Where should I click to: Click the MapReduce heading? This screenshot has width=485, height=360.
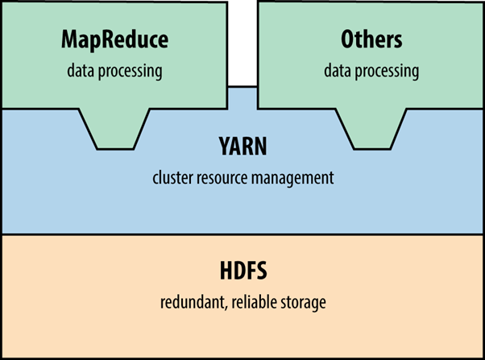pyautogui.click(x=114, y=40)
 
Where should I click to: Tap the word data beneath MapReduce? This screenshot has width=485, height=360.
pyautogui.click(x=81, y=71)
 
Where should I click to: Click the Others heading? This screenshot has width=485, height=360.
pyautogui.click(x=371, y=40)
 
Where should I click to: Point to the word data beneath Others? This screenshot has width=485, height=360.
pyautogui.click(x=338, y=71)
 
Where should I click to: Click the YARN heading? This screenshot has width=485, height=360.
pyautogui.click(x=242, y=147)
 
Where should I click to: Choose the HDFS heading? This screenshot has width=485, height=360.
pyautogui.click(x=242, y=272)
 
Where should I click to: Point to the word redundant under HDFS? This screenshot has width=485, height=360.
pyautogui.click(x=188, y=303)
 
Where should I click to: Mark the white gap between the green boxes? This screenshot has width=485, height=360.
pyautogui.click(x=242, y=40)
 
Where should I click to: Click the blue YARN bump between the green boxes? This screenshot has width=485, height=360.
pyautogui.click(x=242, y=97)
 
